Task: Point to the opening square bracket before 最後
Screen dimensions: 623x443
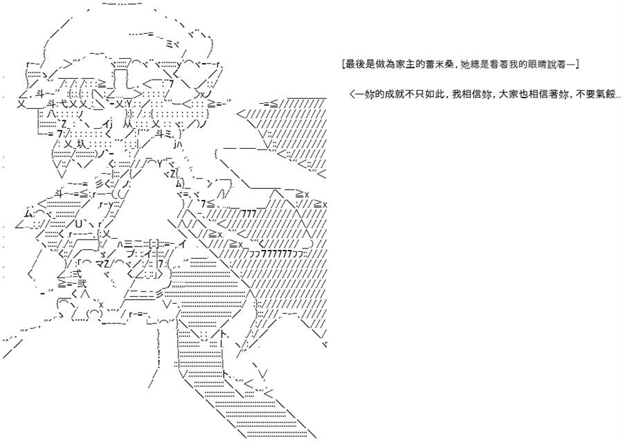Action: tap(343, 64)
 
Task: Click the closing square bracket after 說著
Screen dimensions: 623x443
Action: tap(577, 64)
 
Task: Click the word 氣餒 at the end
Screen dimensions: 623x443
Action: tap(605, 95)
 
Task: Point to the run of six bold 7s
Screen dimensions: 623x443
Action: tap(276, 254)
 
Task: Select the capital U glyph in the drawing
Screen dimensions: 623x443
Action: tap(78, 224)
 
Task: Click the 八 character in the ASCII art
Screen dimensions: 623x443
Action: tap(51, 114)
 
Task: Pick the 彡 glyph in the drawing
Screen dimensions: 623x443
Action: tap(99, 183)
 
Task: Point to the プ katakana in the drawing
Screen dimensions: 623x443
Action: tap(132, 254)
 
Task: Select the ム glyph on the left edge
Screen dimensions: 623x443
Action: tap(28, 213)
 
